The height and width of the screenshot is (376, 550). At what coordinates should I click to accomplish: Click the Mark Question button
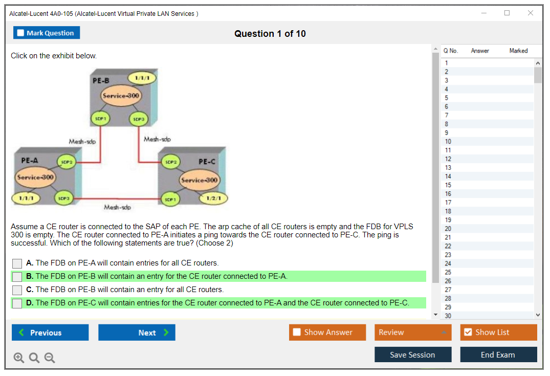[47, 33]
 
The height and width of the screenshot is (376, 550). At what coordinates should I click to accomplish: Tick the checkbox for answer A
[17, 263]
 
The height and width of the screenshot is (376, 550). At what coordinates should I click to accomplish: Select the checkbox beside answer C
[17, 290]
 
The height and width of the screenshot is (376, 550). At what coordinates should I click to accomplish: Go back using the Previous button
[50, 333]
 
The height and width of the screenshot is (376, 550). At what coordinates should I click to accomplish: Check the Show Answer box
[297, 333]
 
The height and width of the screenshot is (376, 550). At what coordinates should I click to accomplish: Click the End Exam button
[498, 355]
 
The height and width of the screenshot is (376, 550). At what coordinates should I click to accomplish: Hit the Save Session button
[413, 355]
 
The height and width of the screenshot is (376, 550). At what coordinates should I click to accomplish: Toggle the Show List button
[498, 333]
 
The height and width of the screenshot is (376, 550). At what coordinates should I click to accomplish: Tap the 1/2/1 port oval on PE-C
[213, 198]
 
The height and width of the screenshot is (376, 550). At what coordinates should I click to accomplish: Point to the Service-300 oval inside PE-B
[121, 96]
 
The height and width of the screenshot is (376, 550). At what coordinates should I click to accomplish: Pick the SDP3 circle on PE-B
[139, 118]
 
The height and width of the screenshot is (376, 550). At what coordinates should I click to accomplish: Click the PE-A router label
[30, 160]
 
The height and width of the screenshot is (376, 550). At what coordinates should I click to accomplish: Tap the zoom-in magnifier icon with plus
[19, 358]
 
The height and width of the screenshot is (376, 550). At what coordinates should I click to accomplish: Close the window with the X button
[531, 13]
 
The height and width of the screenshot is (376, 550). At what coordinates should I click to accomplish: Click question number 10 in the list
[448, 141]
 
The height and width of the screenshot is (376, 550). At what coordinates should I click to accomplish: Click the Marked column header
[518, 51]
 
